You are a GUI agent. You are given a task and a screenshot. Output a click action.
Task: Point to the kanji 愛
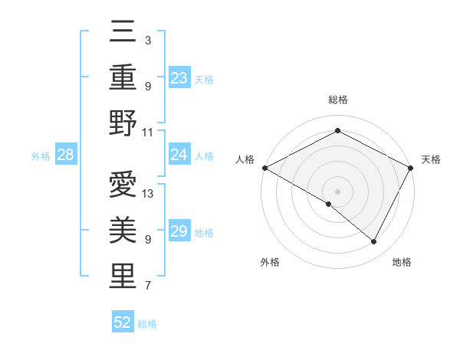pyautogui.click(x=123, y=186)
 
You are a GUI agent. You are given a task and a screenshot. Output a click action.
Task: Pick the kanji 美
pyautogui.click(x=123, y=231)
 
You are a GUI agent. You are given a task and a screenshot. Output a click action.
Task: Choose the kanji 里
pyautogui.click(x=123, y=277)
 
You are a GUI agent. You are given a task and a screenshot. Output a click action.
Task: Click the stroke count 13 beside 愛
pyautogui.click(x=148, y=194)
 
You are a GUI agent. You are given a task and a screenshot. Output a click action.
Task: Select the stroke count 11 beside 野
pyautogui.click(x=148, y=131)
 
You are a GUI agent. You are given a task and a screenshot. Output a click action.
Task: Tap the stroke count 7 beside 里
pyautogui.click(x=148, y=286)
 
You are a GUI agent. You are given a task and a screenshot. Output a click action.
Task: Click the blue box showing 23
pyautogui.click(x=179, y=77)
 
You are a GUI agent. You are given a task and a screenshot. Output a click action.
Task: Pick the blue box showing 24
pyautogui.click(x=179, y=155)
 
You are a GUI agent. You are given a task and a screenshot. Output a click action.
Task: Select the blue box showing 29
pyautogui.click(x=179, y=231)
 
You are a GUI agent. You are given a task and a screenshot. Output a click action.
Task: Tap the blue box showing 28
pyautogui.click(x=66, y=155)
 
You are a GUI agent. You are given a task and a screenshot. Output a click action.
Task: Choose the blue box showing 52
pyautogui.click(x=123, y=322)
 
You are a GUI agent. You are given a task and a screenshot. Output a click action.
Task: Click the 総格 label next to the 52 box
pyautogui.click(x=147, y=323)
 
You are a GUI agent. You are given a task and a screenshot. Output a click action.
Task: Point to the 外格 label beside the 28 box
pyautogui.click(x=41, y=156)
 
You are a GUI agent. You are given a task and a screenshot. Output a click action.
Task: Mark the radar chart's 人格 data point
pyautogui.click(x=264, y=168)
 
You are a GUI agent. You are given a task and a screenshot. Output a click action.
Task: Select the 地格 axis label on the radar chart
pyautogui.click(x=402, y=263)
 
